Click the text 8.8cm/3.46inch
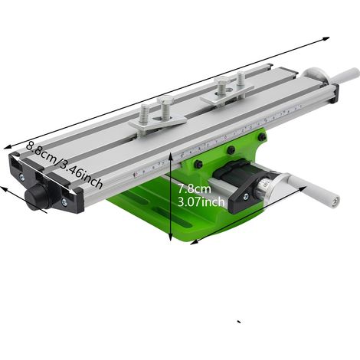click(x=64, y=165)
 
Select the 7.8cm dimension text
click(x=195, y=189)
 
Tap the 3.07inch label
click(x=201, y=202)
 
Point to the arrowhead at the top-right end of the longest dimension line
click(x=326, y=38)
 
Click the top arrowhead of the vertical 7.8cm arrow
click(x=170, y=155)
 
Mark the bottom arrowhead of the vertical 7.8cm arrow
click(x=170, y=238)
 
